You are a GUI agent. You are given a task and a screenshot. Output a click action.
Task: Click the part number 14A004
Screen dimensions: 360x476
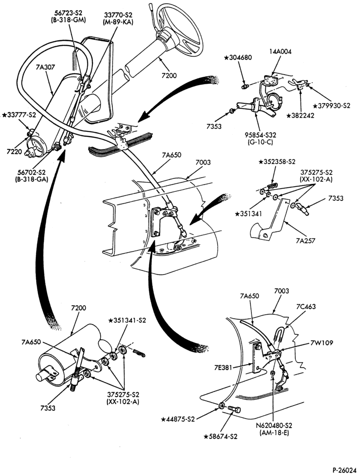pyautogui.click(x=280, y=51)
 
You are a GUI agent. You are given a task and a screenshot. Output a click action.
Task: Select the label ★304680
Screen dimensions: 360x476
pyautogui.click(x=238, y=58)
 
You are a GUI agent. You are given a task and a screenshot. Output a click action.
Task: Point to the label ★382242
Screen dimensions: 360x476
pyautogui.click(x=301, y=116)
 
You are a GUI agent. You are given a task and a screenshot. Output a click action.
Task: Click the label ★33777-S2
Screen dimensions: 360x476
pyautogui.click(x=19, y=115)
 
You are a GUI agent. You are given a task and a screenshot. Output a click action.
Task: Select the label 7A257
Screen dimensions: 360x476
pyautogui.click(x=306, y=241)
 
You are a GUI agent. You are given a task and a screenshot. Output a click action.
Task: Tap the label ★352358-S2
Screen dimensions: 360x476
pyautogui.click(x=277, y=162)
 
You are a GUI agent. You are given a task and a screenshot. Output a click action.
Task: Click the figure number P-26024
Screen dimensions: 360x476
pyautogui.click(x=344, y=470)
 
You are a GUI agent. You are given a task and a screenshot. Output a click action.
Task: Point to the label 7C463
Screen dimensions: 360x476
pyautogui.click(x=306, y=306)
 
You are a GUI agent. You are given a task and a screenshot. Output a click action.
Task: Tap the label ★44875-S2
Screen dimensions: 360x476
pyautogui.click(x=178, y=419)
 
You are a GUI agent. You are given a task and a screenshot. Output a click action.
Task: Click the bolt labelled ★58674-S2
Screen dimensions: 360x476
pyautogui.click(x=234, y=409)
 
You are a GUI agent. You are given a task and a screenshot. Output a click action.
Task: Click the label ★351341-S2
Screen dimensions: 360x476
pyautogui.click(x=127, y=320)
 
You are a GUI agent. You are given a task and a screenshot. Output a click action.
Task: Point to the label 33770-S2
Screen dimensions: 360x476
pyautogui.click(x=119, y=15)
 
